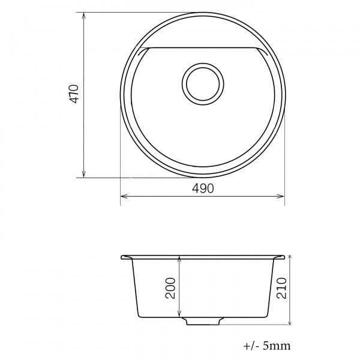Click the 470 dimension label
(x=74, y=94)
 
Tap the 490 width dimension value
(x=203, y=188)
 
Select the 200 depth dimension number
(x=170, y=288)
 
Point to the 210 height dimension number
(x=281, y=288)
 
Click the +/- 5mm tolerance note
(x=267, y=346)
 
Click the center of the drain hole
(x=203, y=84)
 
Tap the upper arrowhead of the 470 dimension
(x=84, y=16)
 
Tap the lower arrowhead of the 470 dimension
(x=84, y=174)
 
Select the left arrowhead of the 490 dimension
(x=124, y=196)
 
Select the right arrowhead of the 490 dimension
(x=281, y=196)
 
